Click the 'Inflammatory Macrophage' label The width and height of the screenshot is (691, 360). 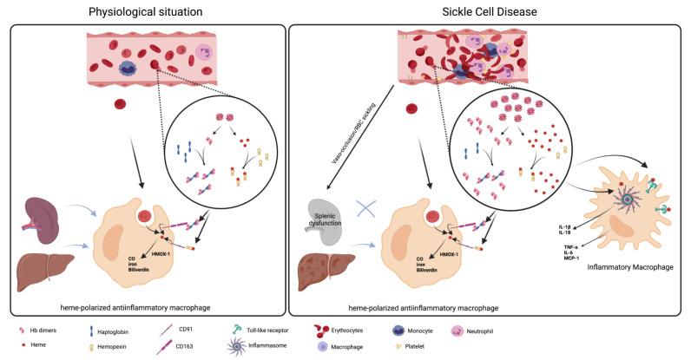click(629, 268)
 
